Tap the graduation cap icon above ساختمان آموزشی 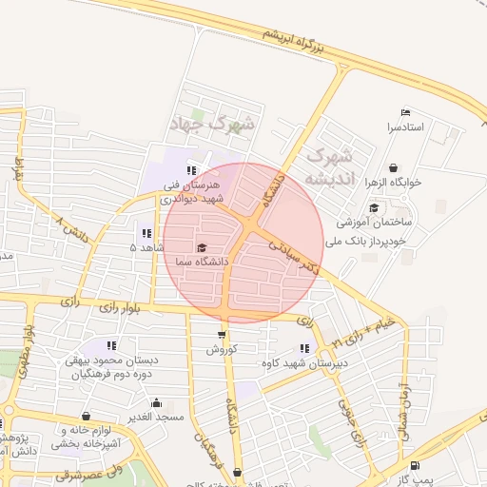tap(374, 208)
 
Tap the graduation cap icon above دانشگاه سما tap(201, 247)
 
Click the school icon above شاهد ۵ tap(146, 233)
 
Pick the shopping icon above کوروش tap(222, 335)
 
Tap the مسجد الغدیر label tap(157, 417)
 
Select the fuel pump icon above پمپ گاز tap(416, 465)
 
